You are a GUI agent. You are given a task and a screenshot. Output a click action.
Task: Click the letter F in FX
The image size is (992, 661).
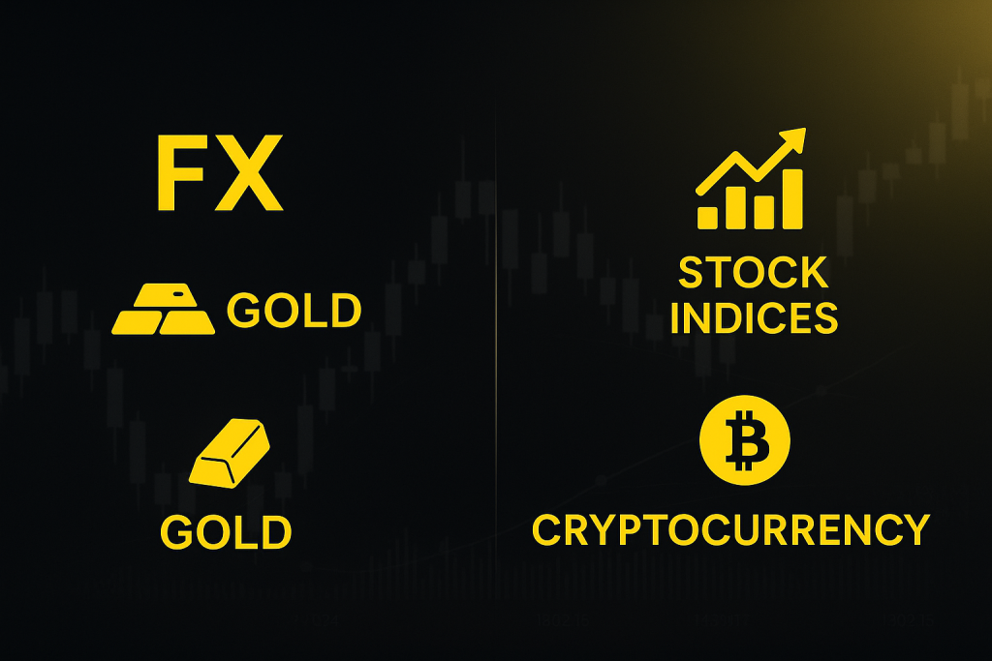(179, 172)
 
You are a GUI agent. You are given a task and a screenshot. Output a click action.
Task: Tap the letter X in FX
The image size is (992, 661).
(247, 172)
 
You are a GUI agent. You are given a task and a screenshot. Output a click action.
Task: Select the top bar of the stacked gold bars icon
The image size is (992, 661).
(163, 295)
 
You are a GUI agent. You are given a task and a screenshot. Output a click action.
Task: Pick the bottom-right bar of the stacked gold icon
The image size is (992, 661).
(187, 321)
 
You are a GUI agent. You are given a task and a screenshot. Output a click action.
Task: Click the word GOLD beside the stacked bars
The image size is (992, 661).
(294, 311)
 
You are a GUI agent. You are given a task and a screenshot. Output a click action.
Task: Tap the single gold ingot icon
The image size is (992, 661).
(229, 453)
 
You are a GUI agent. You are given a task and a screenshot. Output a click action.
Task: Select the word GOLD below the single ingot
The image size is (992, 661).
(226, 532)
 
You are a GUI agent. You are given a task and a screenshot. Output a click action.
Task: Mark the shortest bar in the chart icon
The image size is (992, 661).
(707, 217)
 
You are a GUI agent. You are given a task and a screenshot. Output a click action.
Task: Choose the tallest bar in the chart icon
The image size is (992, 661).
(792, 198)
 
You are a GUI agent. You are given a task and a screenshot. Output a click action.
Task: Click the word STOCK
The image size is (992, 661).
(754, 273)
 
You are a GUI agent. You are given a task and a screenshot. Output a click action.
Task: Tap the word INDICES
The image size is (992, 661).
(754, 317)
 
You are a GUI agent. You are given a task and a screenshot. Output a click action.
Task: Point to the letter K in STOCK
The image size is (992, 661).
(813, 273)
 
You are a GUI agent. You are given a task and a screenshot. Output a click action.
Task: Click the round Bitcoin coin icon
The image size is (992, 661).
(745, 440)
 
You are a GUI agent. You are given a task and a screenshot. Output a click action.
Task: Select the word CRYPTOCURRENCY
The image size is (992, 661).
(731, 529)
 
